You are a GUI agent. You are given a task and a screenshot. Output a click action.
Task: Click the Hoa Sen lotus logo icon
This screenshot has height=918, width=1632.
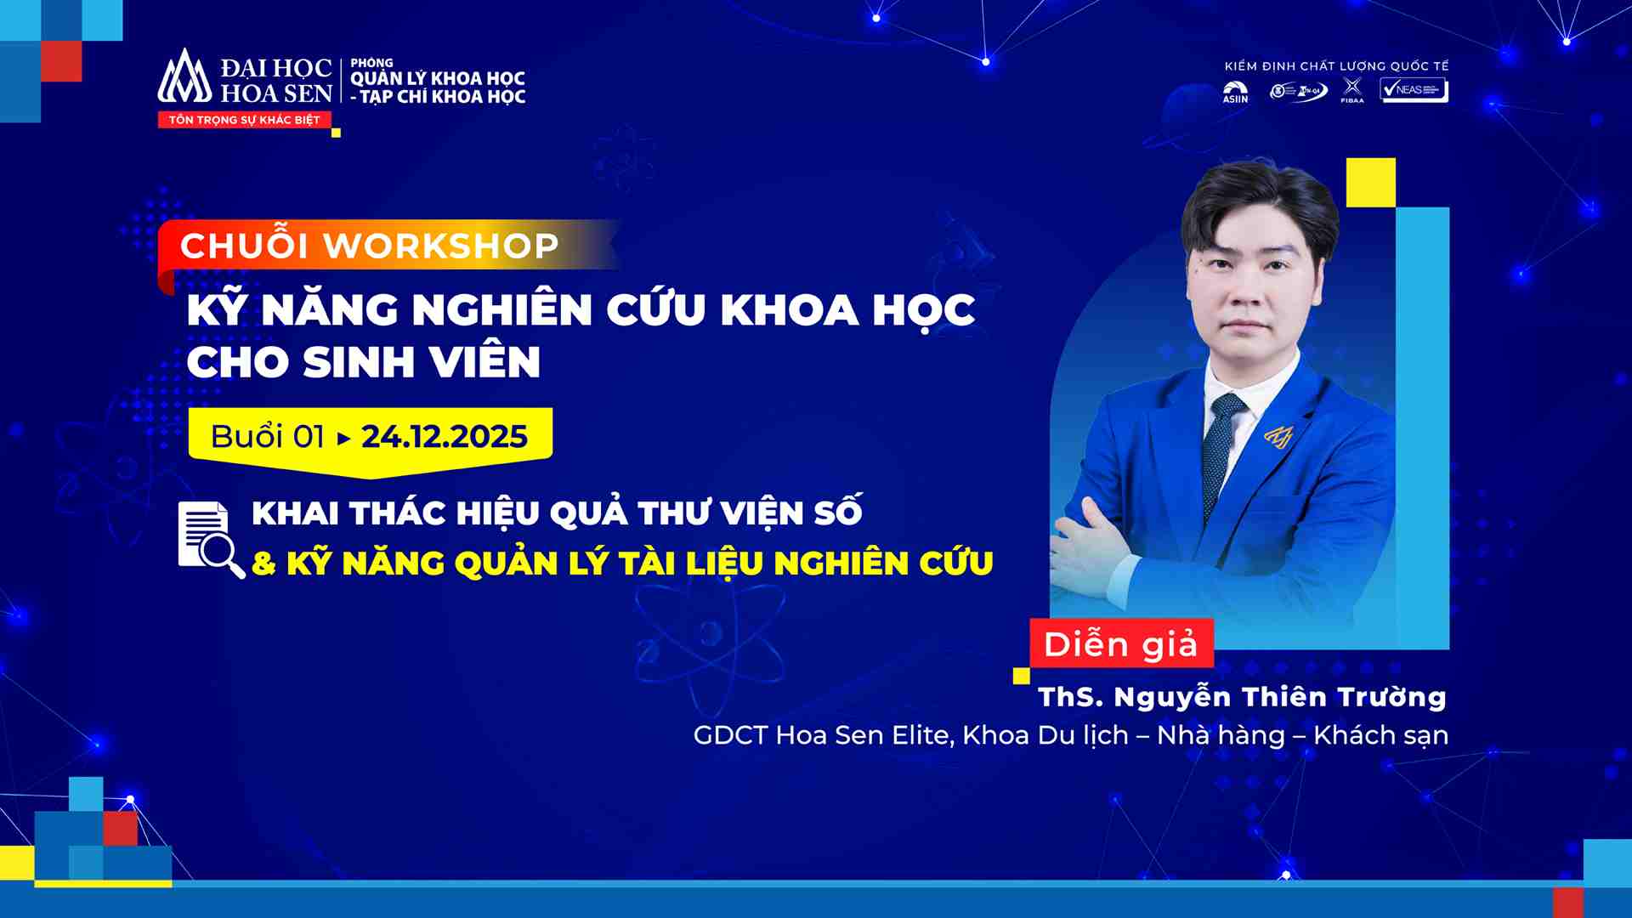(x=184, y=76)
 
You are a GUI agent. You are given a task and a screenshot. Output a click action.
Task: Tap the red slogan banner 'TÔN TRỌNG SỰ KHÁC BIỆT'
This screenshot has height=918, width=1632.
(x=244, y=120)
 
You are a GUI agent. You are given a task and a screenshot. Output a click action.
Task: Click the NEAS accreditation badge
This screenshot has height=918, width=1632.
(x=1414, y=90)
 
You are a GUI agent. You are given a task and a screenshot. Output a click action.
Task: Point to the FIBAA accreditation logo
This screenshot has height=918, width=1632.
(x=1351, y=90)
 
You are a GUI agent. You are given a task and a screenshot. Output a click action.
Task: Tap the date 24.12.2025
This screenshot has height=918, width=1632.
(x=445, y=437)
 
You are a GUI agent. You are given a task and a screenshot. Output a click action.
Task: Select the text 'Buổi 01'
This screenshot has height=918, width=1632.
(x=267, y=437)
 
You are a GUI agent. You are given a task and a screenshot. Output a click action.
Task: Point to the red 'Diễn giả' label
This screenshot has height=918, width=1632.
(x=1120, y=644)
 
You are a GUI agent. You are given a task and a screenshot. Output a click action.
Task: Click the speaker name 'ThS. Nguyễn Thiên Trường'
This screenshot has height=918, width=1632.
(x=1242, y=697)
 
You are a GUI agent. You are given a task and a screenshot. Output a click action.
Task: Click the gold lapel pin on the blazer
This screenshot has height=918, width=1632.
(x=1278, y=436)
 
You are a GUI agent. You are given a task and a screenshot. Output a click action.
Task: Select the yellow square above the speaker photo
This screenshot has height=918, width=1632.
(x=1370, y=183)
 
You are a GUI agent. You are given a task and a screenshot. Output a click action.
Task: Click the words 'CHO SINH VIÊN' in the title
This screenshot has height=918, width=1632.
(x=363, y=363)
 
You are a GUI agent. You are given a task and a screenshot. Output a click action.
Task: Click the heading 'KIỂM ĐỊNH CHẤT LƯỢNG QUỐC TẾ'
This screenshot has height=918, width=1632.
(x=1336, y=66)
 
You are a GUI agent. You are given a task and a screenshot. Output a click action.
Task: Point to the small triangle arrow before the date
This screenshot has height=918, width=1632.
(x=343, y=439)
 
